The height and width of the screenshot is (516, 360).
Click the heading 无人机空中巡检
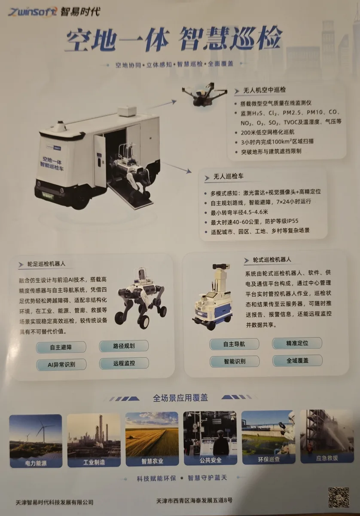click(264, 90)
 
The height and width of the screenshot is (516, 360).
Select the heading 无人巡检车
click(228, 176)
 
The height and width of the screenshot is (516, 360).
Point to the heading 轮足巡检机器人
click(46, 264)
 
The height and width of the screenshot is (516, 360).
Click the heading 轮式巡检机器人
click(272, 260)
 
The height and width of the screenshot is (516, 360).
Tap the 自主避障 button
click(61, 347)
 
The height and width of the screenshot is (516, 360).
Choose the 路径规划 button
click(124, 346)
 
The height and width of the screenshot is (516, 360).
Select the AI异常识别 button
click(61, 365)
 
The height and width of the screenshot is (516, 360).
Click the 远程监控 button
click(124, 363)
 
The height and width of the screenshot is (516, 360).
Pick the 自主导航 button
click(234, 344)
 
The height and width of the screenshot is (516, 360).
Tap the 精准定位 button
click(297, 343)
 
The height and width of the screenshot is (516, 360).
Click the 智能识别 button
click(235, 361)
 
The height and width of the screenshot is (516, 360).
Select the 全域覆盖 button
click(297, 360)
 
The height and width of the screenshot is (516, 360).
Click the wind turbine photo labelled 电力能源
click(36, 441)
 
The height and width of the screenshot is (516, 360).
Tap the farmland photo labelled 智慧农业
click(152, 439)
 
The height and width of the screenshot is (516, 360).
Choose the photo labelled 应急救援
click(327, 436)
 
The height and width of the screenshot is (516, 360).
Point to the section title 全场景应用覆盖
click(180, 398)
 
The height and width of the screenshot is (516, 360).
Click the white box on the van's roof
click(127, 111)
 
